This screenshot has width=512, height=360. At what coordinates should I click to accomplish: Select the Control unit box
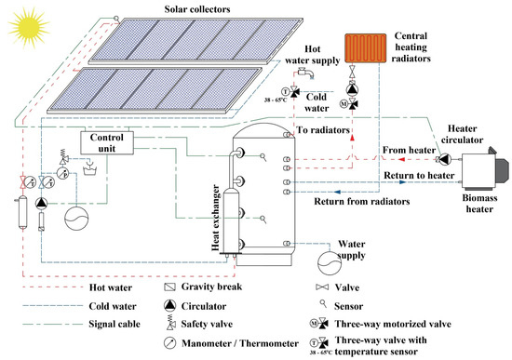[109, 143]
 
